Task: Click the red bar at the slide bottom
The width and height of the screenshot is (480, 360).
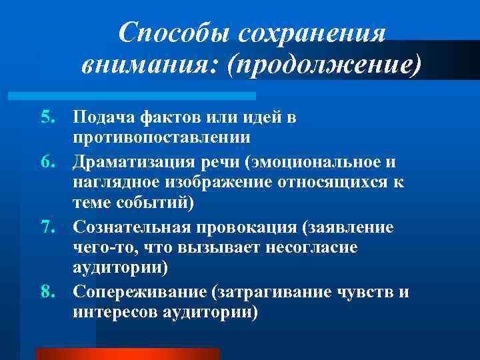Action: pyautogui.click(x=127, y=353)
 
